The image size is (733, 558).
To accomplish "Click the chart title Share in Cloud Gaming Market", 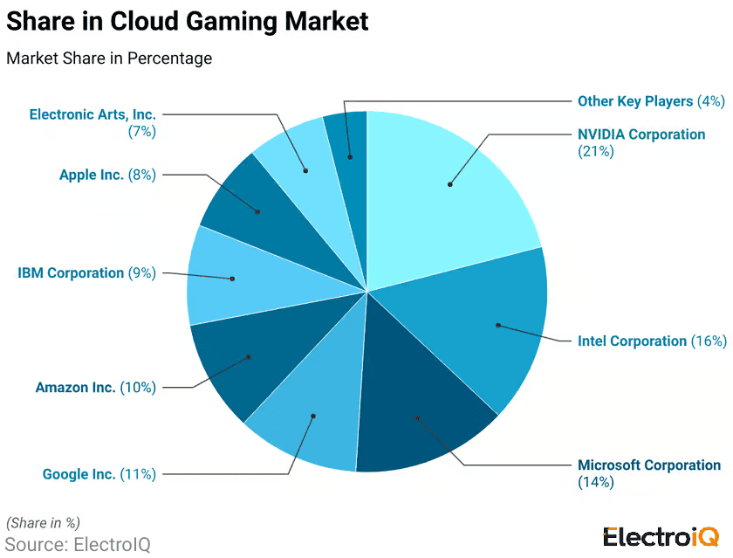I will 188,22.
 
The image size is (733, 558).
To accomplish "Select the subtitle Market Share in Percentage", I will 109,59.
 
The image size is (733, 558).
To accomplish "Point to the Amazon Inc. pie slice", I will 249,358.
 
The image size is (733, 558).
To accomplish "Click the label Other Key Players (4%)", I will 651,101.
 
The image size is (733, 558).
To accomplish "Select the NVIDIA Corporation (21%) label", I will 641,142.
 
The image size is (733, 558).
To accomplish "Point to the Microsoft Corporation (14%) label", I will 649,473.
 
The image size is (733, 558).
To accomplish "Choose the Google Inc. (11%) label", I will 99,474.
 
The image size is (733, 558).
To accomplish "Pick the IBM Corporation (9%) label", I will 86,272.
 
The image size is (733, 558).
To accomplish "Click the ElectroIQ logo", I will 661,536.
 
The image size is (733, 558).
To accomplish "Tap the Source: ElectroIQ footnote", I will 77,544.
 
